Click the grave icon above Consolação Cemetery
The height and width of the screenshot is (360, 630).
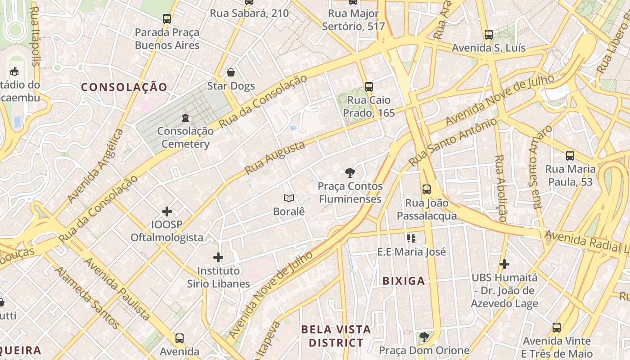(185, 118)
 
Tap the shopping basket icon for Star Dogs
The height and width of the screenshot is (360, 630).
(231, 72)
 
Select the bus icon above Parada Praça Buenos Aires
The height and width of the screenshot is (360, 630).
(167, 19)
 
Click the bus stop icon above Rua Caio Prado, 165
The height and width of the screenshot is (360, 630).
(369, 86)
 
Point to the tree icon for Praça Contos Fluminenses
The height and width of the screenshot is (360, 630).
(350, 172)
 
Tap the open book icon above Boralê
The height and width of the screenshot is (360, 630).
(289, 198)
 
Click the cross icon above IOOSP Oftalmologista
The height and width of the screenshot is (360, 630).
(167, 211)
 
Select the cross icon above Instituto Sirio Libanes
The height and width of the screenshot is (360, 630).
(218, 257)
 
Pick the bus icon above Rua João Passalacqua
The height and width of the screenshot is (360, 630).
(427, 189)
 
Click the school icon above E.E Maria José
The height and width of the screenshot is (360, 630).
(411, 238)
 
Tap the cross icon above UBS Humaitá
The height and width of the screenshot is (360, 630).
(504, 264)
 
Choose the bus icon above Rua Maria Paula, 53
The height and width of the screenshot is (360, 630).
(570, 156)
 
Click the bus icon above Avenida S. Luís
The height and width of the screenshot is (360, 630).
(489, 34)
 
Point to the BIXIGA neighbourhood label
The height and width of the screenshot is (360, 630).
(404, 281)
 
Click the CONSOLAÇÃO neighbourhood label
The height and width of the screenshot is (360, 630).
(124, 87)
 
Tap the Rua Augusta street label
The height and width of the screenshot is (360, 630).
(274, 157)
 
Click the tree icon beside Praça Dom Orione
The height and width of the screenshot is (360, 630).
(424, 337)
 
